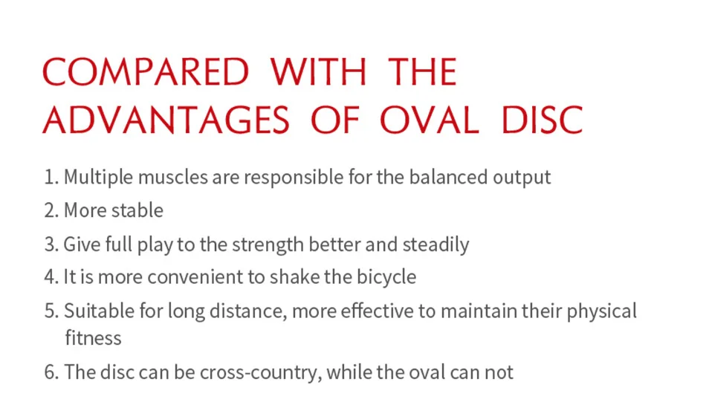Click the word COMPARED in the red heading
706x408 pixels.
(x=146, y=72)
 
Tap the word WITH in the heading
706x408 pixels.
(x=318, y=72)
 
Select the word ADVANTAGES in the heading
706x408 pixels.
(x=166, y=120)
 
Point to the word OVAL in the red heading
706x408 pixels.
(x=429, y=120)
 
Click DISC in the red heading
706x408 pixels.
(x=542, y=120)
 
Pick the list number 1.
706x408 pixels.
(x=51, y=177)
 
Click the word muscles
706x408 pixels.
(x=173, y=177)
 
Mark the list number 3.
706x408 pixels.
(x=51, y=245)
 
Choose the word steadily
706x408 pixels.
(x=435, y=245)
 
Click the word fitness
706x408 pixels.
(x=93, y=337)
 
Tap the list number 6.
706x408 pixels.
(x=51, y=372)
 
